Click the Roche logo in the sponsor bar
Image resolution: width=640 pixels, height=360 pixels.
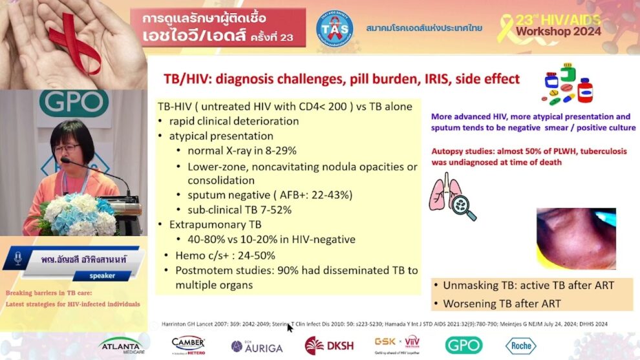(520, 345)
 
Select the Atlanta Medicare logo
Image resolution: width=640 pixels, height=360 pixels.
(122, 346)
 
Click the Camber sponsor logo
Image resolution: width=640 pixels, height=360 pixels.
(188, 344)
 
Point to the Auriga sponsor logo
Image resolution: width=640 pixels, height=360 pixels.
(257, 346)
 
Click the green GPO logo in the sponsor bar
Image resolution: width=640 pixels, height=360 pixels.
(464, 345)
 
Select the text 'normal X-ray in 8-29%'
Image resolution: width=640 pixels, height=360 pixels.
(242, 151)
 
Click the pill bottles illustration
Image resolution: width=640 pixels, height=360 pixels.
(567, 84)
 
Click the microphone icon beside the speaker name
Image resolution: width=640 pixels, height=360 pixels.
(17, 259)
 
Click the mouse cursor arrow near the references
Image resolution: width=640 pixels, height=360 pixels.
(290, 328)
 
